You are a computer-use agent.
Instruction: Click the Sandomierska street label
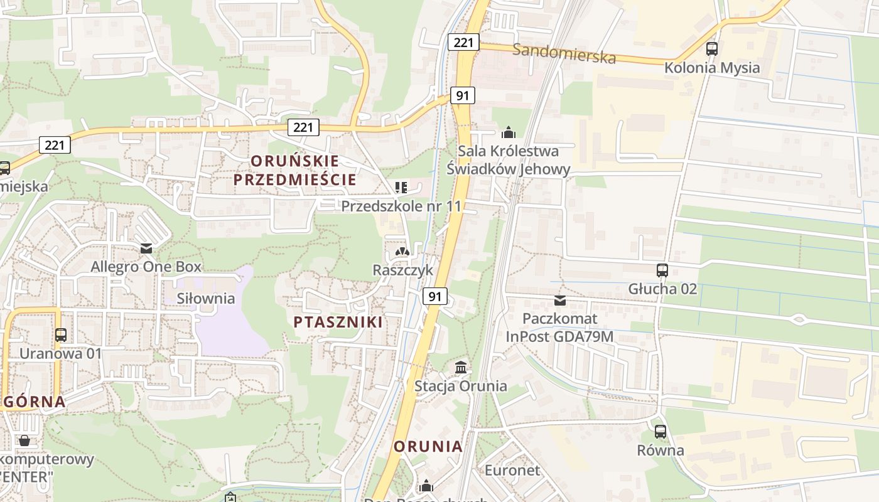564,53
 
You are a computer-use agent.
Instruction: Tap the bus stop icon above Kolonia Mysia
712,48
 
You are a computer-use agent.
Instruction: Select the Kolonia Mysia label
712,68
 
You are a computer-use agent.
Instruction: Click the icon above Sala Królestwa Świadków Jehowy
509,132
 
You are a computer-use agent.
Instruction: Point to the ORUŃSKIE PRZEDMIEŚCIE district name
294,170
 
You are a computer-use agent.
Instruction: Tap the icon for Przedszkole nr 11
401,187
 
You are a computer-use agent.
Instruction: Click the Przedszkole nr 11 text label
401,206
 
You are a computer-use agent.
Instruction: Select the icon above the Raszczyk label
402,252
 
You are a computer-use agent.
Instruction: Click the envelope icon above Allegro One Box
146,248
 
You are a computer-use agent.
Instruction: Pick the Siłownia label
206,298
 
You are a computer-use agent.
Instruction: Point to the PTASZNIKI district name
338,323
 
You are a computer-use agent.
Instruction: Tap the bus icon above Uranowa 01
60,334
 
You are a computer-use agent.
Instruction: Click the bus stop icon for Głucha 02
662,270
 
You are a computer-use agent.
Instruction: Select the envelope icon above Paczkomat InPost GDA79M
559,301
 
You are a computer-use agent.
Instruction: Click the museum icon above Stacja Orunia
461,367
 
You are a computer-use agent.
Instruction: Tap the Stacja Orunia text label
460,386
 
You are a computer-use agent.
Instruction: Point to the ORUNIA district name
428,447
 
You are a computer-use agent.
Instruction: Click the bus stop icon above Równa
660,432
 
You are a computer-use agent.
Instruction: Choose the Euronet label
512,470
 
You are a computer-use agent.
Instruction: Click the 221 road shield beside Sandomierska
463,42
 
